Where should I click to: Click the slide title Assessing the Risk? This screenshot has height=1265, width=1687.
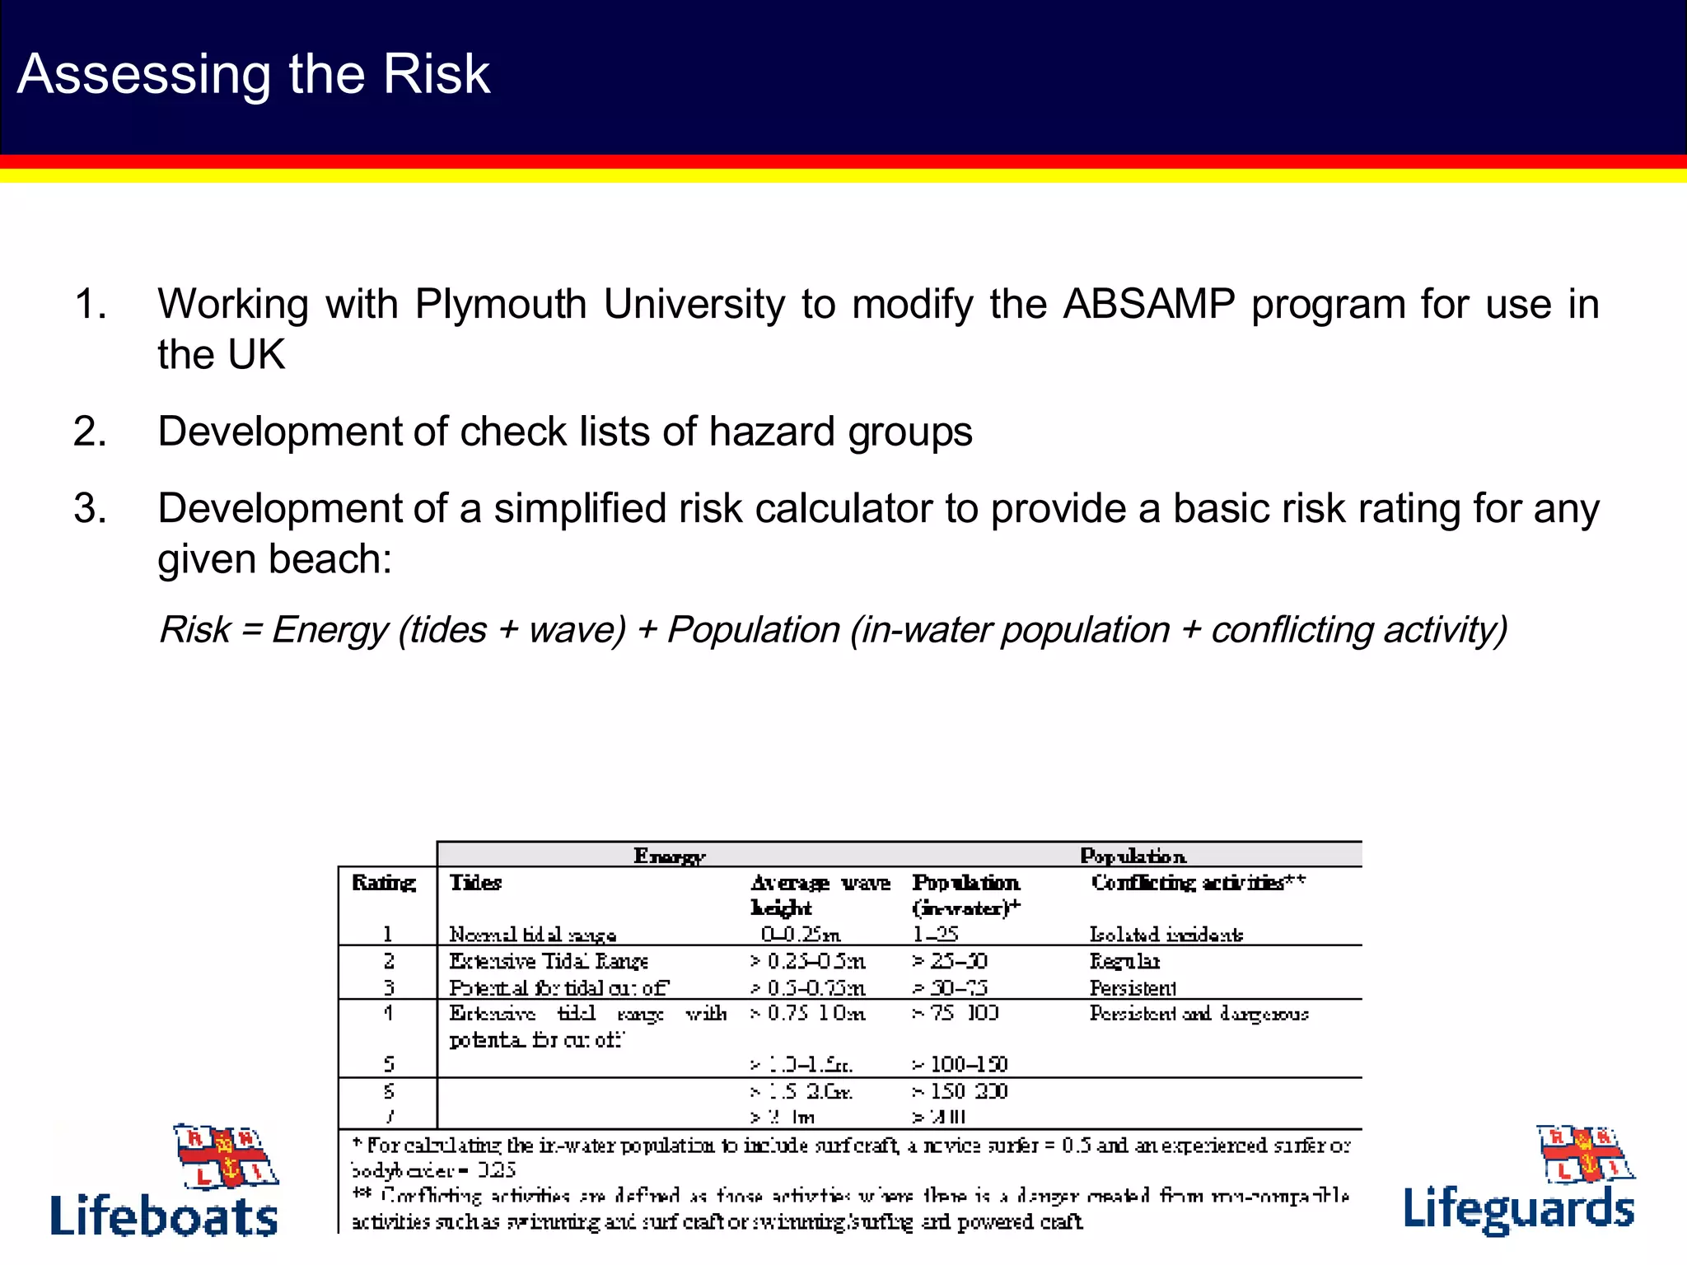point(253,74)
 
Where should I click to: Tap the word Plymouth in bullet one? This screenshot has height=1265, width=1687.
point(501,305)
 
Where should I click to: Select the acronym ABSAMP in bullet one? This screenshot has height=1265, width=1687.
point(1149,304)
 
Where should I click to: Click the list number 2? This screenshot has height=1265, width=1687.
point(90,432)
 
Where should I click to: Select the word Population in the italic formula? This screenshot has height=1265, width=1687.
point(753,630)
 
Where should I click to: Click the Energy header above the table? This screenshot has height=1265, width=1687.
point(669,856)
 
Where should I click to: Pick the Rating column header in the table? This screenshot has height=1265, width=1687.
point(384,883)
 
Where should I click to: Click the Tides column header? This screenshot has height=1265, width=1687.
point(475,883)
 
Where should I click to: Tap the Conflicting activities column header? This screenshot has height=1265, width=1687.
point(1198,883)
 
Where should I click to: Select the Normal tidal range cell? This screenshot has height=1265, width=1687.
point(532,935)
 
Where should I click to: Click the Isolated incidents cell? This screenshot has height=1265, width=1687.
point(1166,935)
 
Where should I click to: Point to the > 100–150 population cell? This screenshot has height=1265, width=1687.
point(960,1064)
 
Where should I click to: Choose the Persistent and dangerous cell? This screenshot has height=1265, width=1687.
point(1199,1013)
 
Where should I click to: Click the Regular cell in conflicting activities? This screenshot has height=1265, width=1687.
point(1124,961)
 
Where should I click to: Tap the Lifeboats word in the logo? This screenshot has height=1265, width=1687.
point(164,1216)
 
